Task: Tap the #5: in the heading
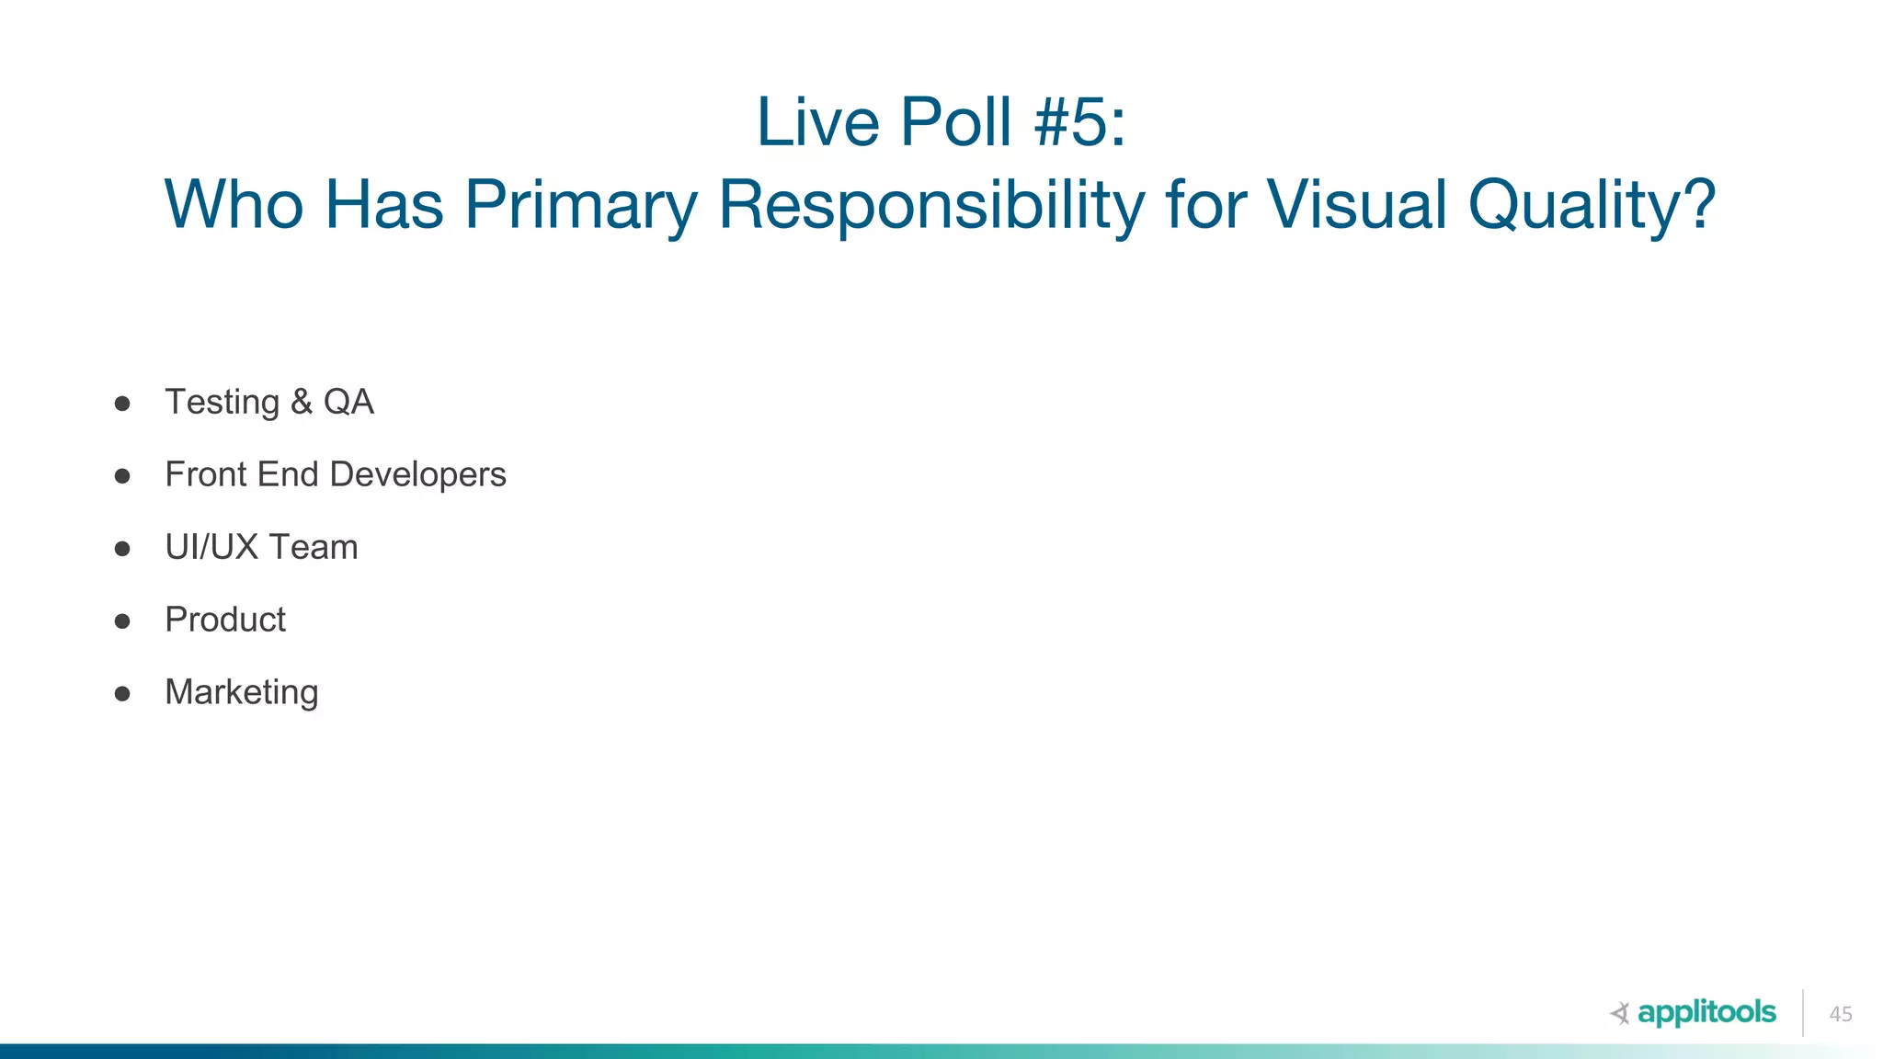pos(1079,122)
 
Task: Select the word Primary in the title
pos(581,205)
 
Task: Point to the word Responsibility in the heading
pos(931,205)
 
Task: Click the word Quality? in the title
pos(1592,205)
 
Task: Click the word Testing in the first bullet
pos(223,403)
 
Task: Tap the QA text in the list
pos(348,403)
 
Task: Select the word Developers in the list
pos(417,475)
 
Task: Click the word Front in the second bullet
pos(206,475)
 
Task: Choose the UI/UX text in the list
pos(211,548)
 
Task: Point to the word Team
pos(313,548)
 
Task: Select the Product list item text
pos(225,621)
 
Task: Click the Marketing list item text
pos(242,693)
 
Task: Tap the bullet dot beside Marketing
pos(122,694)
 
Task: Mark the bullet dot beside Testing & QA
pos(122,404)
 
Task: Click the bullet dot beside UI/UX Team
pos(122,549)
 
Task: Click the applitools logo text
pos(1706,1013)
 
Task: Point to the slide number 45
pos(1841,1014)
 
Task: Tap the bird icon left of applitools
pos(1620,1013)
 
